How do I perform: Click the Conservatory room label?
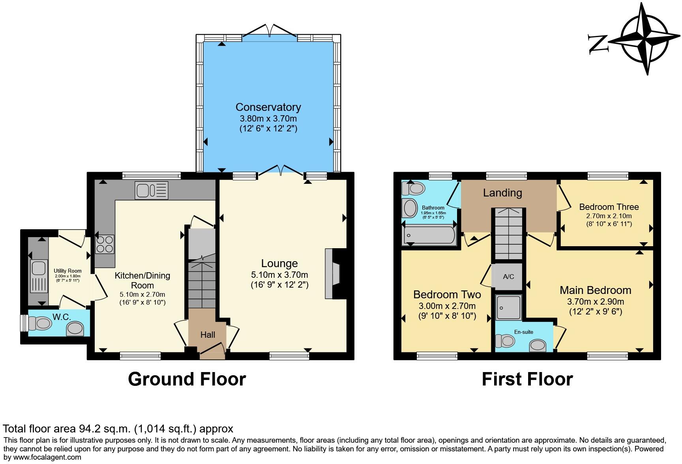[x=268, y=107]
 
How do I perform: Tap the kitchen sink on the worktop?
[x=152, y=190]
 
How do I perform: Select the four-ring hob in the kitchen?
[x=105, y=244]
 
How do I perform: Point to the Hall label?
[x=208, y=335]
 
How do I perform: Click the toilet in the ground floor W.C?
[x=41, y=324]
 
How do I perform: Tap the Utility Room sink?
[x=38, y=269]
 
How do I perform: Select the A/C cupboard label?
[x=508, y=277]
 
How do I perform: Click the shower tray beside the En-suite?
[x=508, y=308]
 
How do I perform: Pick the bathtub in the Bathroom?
[x=429, y=236]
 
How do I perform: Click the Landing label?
[x=502, y=193]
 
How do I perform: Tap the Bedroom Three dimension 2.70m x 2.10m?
[x=609, y=216]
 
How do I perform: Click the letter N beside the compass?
[x=597, y=43]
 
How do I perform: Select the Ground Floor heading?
[x=187, y=379]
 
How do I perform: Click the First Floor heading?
[x=527, y=379]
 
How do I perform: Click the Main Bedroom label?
[x=595, y=290]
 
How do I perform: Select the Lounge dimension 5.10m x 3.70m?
[x=279, y=275]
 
